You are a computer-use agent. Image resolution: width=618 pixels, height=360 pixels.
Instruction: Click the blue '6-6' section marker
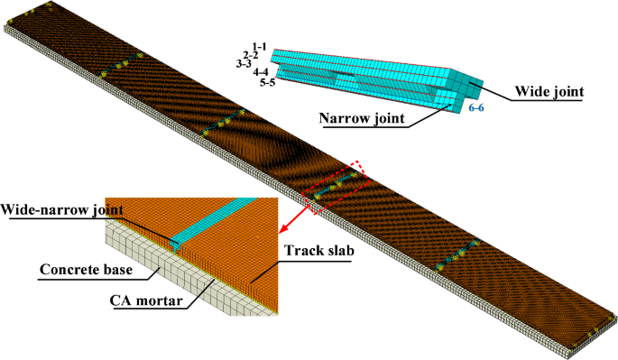click(477, 108)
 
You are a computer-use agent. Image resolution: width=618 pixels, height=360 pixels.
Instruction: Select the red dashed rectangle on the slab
click(335, 186)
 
